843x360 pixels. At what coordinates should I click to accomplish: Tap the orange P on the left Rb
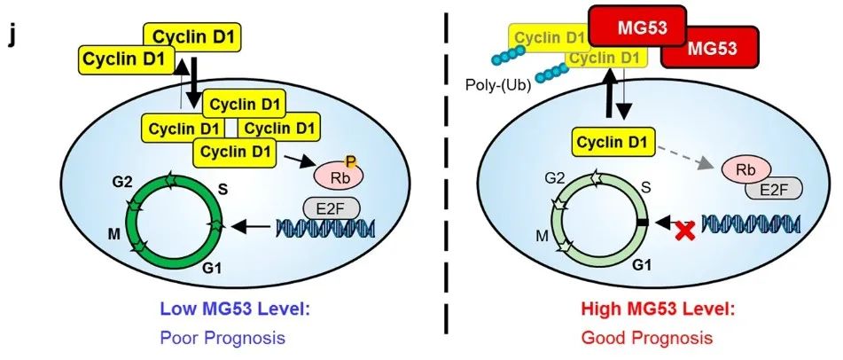coord(351,161)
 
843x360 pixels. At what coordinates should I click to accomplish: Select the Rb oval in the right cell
coord(743,168)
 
